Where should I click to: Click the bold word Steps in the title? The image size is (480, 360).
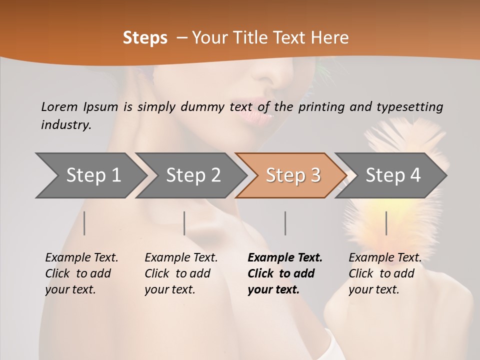point(145,38)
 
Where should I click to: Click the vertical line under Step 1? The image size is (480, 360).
point(84,223)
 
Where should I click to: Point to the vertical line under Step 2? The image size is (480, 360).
point(184,223)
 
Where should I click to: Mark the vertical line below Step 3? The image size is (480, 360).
point(285,223)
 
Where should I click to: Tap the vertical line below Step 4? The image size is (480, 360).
point(386,223)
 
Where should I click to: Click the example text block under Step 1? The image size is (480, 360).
point(81,273)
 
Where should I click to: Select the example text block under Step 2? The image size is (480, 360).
point(181,273)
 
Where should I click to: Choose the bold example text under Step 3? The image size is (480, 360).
point(285,273)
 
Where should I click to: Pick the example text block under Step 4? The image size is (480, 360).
point(385,273)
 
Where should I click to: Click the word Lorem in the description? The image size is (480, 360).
point(59,106)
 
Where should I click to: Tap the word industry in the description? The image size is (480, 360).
point(66,124)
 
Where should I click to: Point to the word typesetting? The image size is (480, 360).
point(409,106)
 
